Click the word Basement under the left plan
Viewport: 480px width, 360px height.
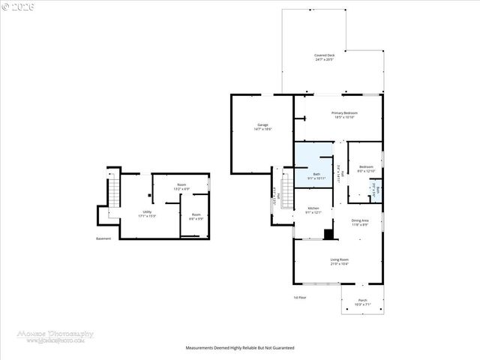103,239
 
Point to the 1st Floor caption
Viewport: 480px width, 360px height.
299,298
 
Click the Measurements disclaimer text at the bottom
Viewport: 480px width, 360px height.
240,348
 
